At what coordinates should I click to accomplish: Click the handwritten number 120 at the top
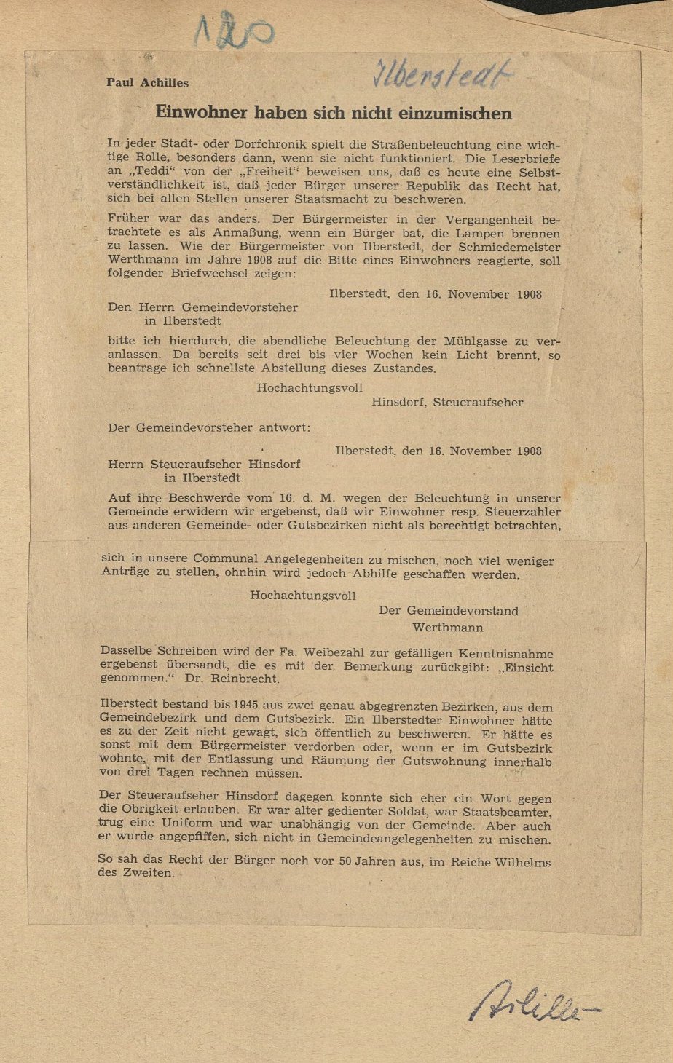(x=233, y=32)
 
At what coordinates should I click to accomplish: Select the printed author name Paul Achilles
(x=147, y=82)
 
